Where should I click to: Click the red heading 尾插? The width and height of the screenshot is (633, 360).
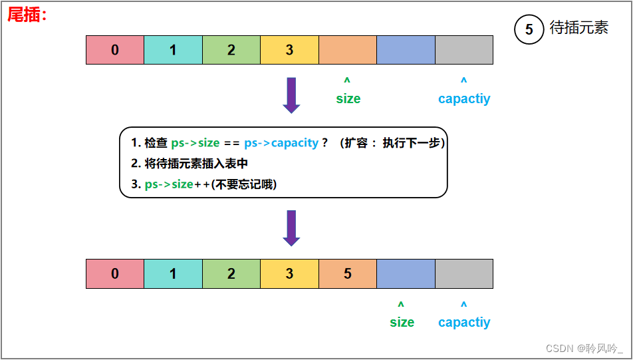tap(27, 15)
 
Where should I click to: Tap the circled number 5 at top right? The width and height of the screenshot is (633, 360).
tap(529, 30)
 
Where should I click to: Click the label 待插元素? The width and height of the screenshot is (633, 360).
tap(579, 29)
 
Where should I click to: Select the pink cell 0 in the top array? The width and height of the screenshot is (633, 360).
tap(115, 50)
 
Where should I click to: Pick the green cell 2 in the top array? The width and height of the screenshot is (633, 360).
tap(231, 50)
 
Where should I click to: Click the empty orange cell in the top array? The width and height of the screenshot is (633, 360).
tap(348, 50)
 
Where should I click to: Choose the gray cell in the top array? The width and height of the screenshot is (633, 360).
tap(464, 50)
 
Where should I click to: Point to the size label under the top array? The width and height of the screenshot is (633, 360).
tap(348, 98)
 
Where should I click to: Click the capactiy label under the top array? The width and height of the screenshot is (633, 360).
tap(464, 98)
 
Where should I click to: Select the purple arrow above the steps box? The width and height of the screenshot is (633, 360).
tap(291, 94)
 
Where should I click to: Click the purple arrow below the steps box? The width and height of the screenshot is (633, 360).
tap(291, 228)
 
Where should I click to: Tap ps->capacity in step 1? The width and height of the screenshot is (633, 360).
tap(281, 143)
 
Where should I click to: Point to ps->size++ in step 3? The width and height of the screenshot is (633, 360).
tap(176, 184)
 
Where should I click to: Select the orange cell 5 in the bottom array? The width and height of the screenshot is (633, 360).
tap(348, 273)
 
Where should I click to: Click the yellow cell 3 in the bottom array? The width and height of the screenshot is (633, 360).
tap(289, 273)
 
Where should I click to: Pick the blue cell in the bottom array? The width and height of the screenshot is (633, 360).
tap(406, 273)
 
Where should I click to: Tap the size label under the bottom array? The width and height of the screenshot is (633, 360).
tap(402, 322)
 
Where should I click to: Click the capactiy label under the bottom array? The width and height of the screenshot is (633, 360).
tap(464, 322)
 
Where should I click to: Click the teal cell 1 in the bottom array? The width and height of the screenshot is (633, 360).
tap(173, 273)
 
